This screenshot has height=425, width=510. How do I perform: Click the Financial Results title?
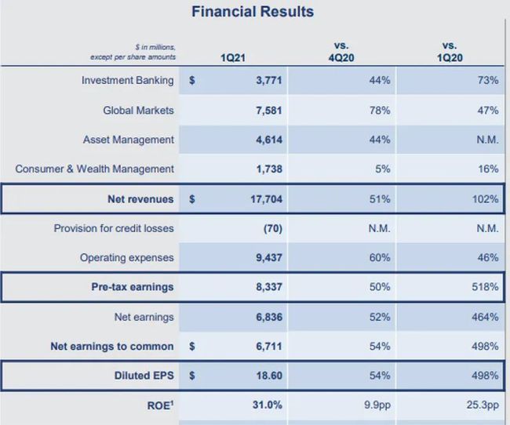253,12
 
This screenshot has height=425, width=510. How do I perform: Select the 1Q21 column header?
233,57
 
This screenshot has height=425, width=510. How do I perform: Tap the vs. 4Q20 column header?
341,52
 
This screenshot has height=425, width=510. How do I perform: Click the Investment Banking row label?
128,81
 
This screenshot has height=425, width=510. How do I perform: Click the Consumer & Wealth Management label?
95,169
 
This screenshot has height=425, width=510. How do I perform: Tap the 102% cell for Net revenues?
484,199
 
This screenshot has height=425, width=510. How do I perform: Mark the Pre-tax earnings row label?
133,287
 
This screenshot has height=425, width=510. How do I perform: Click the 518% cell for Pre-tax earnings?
484,287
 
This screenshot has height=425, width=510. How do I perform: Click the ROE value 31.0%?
268,405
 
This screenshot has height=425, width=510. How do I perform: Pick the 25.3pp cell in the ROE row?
482,405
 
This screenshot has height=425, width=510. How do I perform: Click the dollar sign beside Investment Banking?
192,81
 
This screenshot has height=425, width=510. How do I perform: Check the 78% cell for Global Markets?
380,111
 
